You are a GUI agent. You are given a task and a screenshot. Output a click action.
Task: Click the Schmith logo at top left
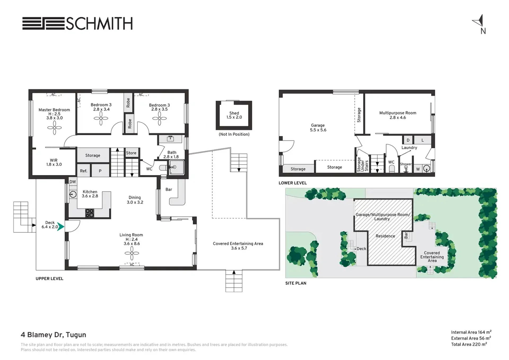tap(77, 23)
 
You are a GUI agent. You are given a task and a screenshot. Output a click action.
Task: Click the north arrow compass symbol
tap(479, 21)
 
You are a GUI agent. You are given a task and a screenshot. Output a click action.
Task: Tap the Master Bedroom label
tap(54, 110)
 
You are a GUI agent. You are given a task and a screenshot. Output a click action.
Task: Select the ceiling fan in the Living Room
tap(132, 253)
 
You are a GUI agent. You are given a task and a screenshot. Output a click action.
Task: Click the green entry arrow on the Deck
tap(61, 226)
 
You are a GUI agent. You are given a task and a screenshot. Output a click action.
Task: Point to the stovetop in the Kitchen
tap(90, 213)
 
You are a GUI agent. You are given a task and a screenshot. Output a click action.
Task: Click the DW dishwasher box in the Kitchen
tap(73, 182)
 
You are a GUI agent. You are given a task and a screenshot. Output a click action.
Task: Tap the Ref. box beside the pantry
tap(84, 171)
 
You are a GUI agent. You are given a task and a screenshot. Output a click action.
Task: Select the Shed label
tap(234, 113)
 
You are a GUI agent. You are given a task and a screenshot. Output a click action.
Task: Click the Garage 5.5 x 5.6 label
tap(318, 127)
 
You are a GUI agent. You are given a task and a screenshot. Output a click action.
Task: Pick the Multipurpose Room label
tap(398, 113)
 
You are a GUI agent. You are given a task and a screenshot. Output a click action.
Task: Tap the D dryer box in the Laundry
tap(408, 140)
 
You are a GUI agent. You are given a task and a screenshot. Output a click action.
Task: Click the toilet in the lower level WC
tap(392, 169)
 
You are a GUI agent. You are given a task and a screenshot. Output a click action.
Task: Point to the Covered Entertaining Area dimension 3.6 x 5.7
tap(239, 248)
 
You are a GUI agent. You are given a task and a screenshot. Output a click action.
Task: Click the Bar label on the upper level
tap(169, 189)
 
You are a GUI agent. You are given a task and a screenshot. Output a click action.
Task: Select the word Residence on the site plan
tap(385, 236)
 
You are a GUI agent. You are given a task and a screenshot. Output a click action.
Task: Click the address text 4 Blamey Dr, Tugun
tap(53, 335)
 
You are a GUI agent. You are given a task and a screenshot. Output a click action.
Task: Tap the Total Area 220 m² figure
tap(469, 344)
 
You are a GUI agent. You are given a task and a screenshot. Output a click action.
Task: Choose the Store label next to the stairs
tap(131, 153)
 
